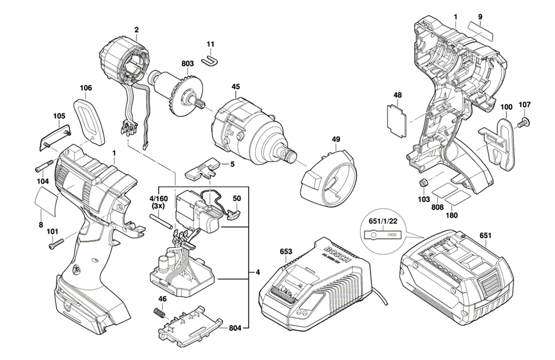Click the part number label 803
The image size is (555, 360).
tap(187, 64)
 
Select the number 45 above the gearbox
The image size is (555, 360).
tap(236, 87)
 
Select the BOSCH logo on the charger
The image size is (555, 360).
tap(338, 254)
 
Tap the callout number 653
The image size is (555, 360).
tap(286, 252)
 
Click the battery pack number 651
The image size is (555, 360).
tap(486, 236)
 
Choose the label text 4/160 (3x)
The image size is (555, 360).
tap(158, 201)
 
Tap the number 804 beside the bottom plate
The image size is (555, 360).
tap(236, 328)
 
